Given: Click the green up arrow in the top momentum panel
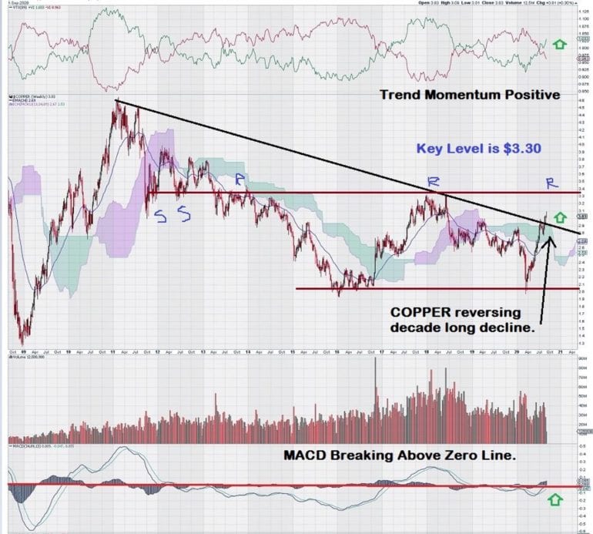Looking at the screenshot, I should pos(559,45).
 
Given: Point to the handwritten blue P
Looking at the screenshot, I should pos(240,180).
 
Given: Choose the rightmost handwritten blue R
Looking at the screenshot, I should pos(551,183).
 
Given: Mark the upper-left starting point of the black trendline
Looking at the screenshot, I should pos(116,100).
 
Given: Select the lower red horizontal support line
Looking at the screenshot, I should pos(431,289).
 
